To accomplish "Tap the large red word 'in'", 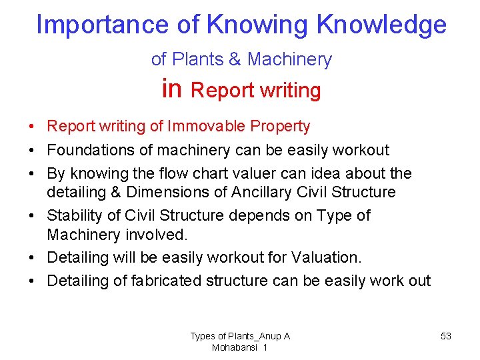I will point(171,89).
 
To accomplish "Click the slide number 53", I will point(446,336).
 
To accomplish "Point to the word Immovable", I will point(206,126).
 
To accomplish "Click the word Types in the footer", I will point(202,336).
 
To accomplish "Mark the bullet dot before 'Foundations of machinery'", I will point(32,151).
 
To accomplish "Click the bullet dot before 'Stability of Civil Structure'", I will point(32,216).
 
